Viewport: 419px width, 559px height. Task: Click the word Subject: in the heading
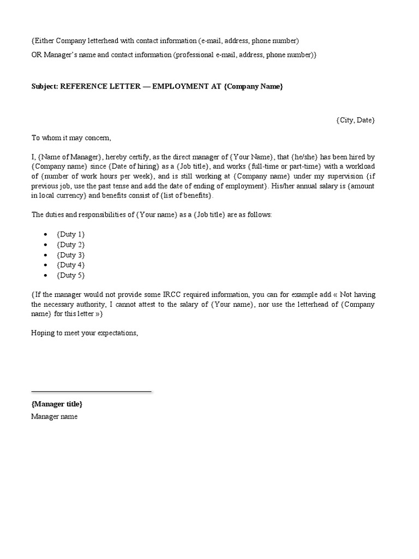(x=45, y=86)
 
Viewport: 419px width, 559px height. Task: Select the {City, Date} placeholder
(x=355, y=120)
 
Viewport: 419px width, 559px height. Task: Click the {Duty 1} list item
(x=71, y=234)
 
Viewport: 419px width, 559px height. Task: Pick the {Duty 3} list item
(x=71, y=255)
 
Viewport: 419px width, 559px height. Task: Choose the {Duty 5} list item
(x=71, y=275)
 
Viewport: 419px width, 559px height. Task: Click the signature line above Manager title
(x=91, y=391)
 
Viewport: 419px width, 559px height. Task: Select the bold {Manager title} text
(x=57, y=404)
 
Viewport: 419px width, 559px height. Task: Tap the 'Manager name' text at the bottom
(x=54, y=417)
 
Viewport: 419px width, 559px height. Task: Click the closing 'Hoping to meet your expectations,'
(x=85, y=332)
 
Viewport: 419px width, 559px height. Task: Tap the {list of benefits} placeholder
(x=185, y=195)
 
